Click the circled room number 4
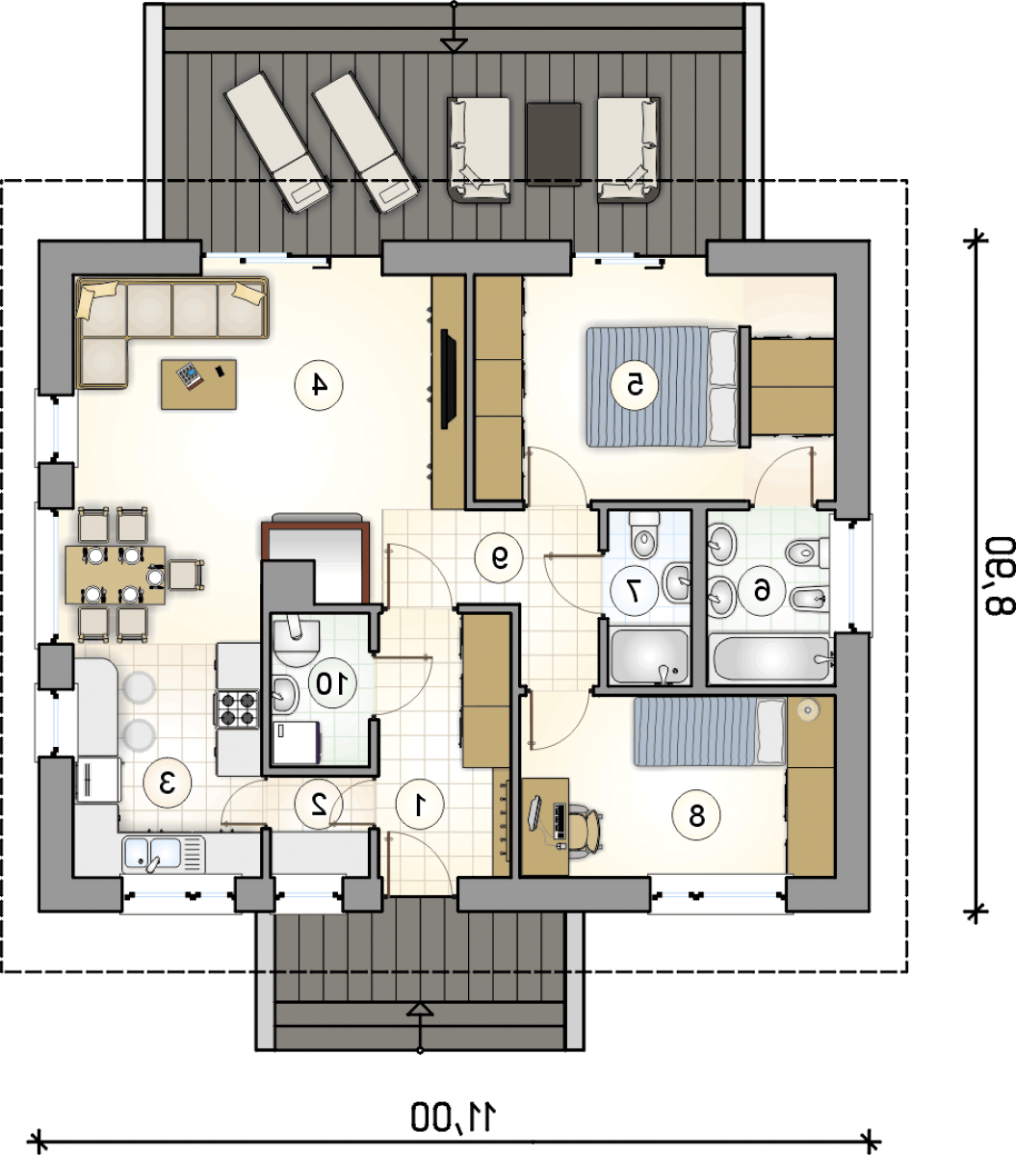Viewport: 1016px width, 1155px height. [x=319, y=385]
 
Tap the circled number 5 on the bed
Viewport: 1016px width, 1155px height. [x=635, y=385]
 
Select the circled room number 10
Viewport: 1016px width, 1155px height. [x=332, y=683]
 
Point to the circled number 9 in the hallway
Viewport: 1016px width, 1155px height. [x=499, y=557]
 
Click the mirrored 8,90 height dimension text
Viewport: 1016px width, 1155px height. [x=999, y=576]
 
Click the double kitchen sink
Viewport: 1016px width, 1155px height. [x=163, y=854]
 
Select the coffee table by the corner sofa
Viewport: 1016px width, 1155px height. [x=198, y=384]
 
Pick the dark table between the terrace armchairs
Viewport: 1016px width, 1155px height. [x=554, y=143]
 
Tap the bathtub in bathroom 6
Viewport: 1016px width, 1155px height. [x=770, y=658]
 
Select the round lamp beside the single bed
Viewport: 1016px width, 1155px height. [x=808, y=709]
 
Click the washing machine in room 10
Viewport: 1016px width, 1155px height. [x=296, y=742]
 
